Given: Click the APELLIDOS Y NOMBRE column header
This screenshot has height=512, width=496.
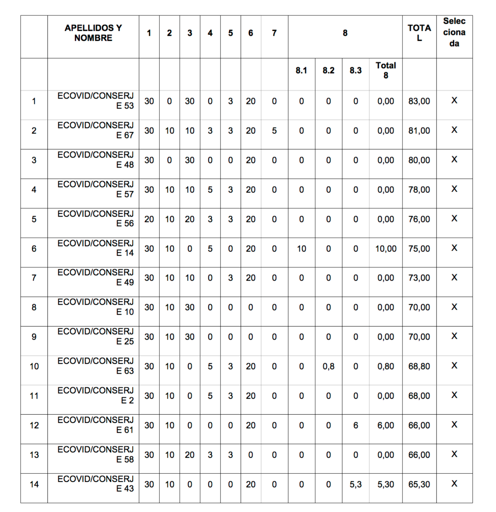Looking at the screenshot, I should click(x=93, y=33).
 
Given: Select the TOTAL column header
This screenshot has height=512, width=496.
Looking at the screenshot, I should click(x=419, y=33).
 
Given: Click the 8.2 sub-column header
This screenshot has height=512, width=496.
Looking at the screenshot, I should click(x=328, y=70).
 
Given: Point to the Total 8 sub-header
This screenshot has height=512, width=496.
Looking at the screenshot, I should click(x=386, y=70).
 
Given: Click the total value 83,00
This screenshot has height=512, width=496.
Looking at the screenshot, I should click(x=419, y=101).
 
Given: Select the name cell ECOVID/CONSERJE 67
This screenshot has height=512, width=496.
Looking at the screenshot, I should click(x=96, y=130).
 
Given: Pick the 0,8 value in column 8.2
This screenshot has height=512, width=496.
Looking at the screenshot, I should click(x=328, y=366).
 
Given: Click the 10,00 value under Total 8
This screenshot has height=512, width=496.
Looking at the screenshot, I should click(x=386, y=249).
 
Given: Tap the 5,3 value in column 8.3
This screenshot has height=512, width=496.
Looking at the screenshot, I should click(x=356, y=484).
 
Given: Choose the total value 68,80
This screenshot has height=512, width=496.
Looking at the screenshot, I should click(x=419, y=366).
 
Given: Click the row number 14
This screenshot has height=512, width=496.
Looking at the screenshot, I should click(x=34, y=484).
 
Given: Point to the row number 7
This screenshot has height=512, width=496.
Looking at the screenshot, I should click(x=34, y=278).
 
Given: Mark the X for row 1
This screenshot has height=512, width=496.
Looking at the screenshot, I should click(x=454, y=101).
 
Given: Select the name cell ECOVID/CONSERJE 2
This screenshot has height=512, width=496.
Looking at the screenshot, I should click(x=96, y=395).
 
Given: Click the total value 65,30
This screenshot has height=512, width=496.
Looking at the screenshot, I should click(x=419, y=484).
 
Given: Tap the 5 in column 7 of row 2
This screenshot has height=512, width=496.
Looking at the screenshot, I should click(x=274, y=130).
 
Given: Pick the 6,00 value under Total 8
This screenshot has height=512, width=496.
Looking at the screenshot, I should click(x=386, y=425).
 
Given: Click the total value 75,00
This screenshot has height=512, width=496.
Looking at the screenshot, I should click(x=419, y=249).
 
